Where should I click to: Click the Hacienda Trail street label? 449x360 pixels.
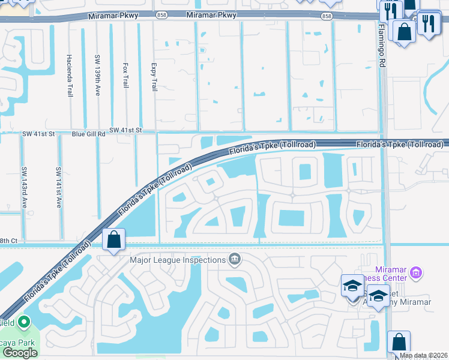(x=70, y=74)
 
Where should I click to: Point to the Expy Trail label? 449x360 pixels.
(x=154, y=76)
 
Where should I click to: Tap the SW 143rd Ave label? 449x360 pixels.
(x=24, y=187)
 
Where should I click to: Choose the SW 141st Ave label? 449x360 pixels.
(x=59, y=187)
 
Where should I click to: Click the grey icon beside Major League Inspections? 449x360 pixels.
(x=235, y=260)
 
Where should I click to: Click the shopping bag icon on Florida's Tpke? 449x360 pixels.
(x=113, y=240)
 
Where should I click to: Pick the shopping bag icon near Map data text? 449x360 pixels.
(x=399, y=342)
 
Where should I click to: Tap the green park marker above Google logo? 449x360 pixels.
(x=23, y=323)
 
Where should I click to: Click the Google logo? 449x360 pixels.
(x=19, y=353)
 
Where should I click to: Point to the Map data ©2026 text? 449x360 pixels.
(x=424, y=355)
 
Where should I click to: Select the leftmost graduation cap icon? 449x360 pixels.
(x=352, y=286)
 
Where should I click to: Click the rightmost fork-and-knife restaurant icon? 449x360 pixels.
(x=429, y=23)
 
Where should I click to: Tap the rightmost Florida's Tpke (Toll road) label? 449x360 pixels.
(x=400, y=145)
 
